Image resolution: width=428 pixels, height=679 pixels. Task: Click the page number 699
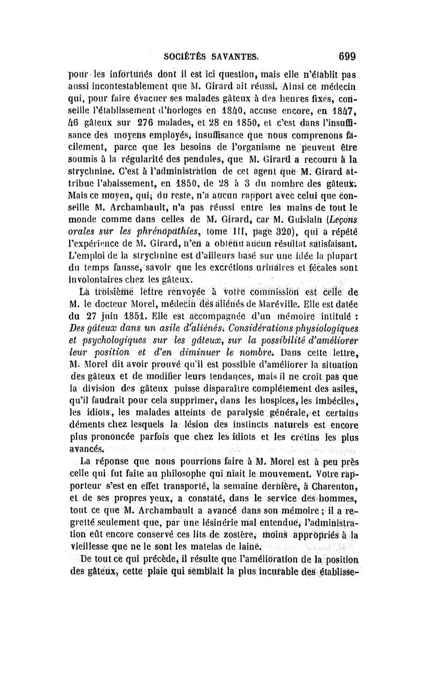pos(347,56)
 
